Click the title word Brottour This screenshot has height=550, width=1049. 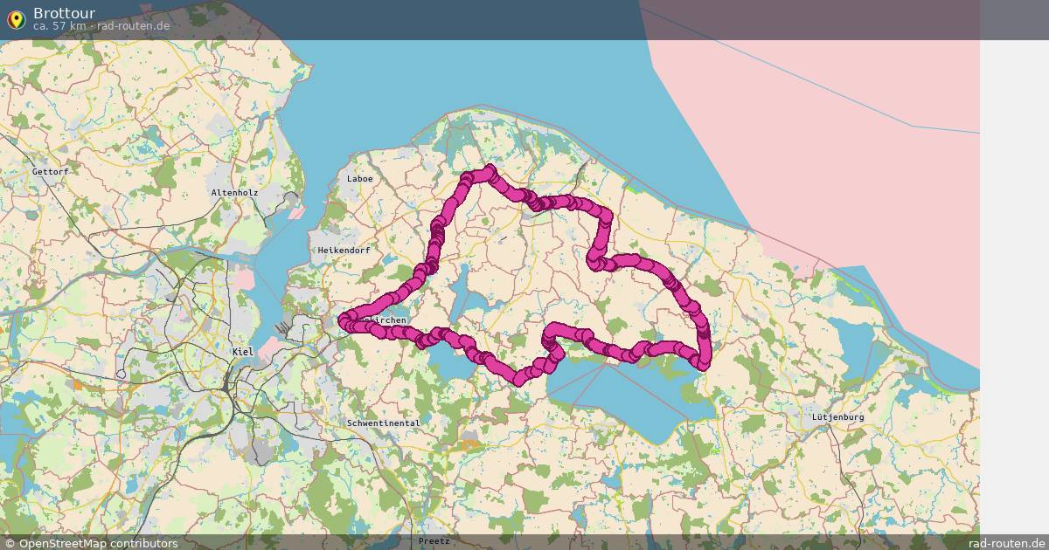click(x=64, y=13)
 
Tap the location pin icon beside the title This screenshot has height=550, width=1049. click(x=16, y=18)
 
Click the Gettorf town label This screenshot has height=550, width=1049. click(x=50, y=172)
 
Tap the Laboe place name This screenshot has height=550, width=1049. click(x=359, y=179)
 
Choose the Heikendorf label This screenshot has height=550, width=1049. click(x=344, y=251)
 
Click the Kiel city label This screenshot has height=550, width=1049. click(x=242, y=352)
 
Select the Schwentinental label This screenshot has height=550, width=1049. click(x=383, y=423)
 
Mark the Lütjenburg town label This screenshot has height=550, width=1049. click(x=837, y=417)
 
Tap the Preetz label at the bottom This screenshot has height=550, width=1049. click(x=434, y=541)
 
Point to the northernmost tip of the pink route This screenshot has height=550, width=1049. click(x=489, y=169)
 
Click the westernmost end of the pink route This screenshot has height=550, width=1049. click(x=344, y=319)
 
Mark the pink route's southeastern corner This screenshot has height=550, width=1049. click(x=704, y=362)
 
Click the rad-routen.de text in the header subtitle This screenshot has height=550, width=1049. click(x=134, y=26)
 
